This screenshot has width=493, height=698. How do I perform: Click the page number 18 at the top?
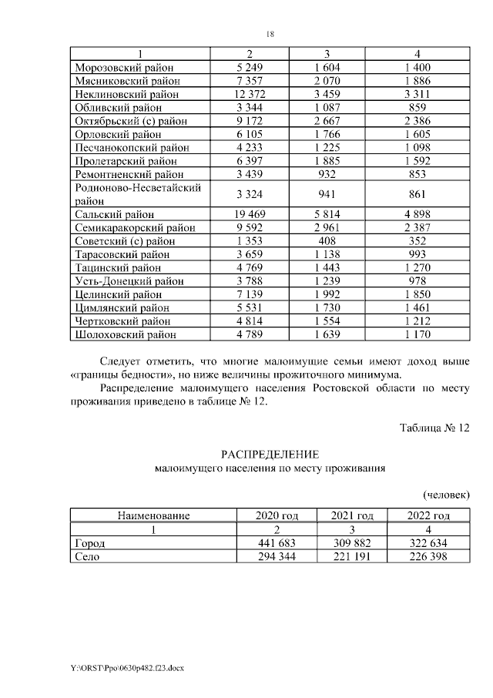click(270, 34)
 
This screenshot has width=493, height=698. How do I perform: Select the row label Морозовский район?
click(124, 67)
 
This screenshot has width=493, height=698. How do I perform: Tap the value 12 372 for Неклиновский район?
click(249, 94)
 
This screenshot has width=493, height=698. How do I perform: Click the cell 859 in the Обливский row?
click(417, 107)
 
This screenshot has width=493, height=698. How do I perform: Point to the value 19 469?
click(249, 214)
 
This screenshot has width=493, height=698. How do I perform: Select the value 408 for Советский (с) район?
click(327, 240)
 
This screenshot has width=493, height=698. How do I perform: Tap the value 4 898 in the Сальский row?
click(417, 214)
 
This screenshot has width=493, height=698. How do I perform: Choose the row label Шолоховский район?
click(125, 334)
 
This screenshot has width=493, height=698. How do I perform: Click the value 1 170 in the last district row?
click(417, 334)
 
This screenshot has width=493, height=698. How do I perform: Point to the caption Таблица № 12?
click(434, 428)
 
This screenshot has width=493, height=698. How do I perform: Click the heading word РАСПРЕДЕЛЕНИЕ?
click(270, 455)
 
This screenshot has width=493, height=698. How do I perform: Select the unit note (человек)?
click(446, 494)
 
